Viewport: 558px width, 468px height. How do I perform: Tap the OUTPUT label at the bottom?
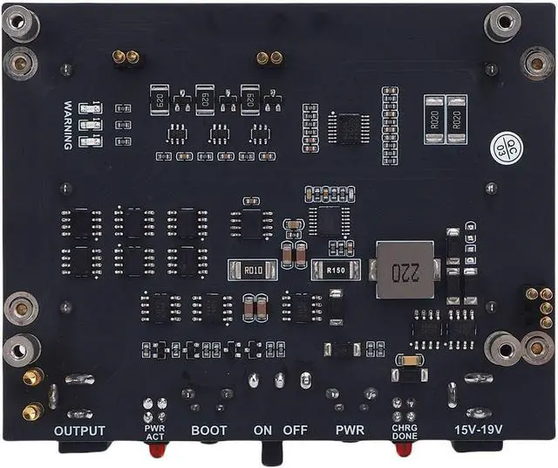79,430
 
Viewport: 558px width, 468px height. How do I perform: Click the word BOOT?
208,430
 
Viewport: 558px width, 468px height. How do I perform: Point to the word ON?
263,430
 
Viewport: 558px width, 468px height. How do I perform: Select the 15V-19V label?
480,430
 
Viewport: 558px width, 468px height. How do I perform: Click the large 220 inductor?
404,270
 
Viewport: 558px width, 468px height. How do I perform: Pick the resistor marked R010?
252,270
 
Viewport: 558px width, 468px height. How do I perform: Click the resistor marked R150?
336,271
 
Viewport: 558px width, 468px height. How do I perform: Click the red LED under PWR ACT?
158,451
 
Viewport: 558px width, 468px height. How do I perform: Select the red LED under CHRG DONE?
402,451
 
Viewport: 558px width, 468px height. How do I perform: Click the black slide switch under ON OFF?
273,452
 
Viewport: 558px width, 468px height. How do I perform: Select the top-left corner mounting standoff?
19,24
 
